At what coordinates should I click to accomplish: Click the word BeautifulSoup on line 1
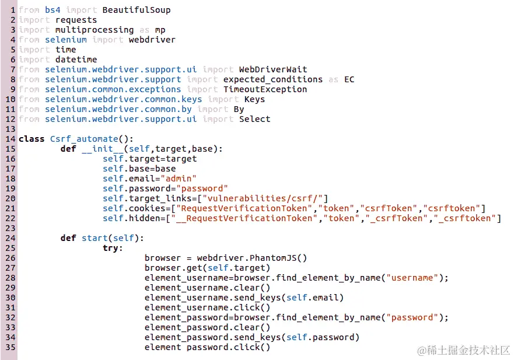pyautogui.click(x=136, y=10)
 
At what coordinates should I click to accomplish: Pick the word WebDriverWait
pyautogui.click(x=272, y=69)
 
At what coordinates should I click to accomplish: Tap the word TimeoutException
pyautogui.click(x=265, y=89)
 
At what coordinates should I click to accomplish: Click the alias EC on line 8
pyautogui.click(x=348, y=79)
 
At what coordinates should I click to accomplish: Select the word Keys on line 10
pyautogui.click(x=254, y=99)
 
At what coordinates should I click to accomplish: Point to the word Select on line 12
pyautogui.click(x=254, y=119)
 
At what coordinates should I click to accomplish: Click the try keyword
pyautogui.click(x=113, y=248)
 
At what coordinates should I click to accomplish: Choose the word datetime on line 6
pyautogui.click(x=76, y=60)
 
